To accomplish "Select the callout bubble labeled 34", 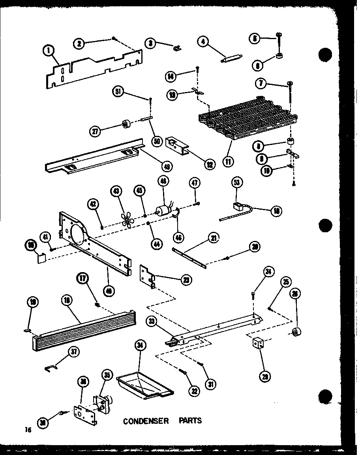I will [140, 346].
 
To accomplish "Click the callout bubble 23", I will [185, 280].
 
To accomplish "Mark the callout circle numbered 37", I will [73, 351].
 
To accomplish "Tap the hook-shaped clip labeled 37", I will [50, 368].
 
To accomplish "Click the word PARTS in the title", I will [190, 420].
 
